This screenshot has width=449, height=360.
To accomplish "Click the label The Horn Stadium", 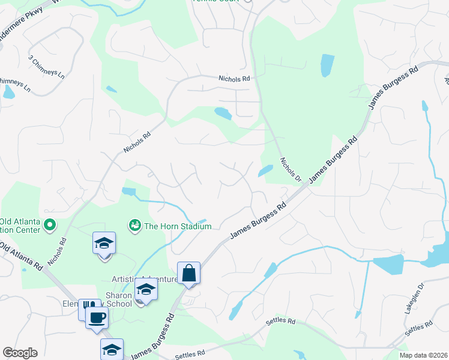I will [x=178, y=226].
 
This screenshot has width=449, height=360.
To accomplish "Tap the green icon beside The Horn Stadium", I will [x=134, y=226].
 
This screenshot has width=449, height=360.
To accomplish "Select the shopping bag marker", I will [x=188, y=273].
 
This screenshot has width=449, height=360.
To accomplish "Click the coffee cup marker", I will [x=96, y=318].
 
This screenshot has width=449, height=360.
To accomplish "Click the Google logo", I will [x=20, y=353].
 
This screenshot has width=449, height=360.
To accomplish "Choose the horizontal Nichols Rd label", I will [x=234, y=79].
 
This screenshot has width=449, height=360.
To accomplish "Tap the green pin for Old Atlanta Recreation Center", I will [x=50, y=226].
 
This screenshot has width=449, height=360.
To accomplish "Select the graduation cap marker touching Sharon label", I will [x=145, y=290].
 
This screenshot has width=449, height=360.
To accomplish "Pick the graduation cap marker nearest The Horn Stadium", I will [x=104, y=244].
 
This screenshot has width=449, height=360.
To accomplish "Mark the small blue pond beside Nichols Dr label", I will [x=264, y=171].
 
